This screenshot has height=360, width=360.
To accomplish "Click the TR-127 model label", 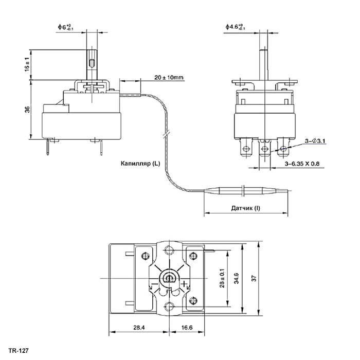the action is [x=19, y=351].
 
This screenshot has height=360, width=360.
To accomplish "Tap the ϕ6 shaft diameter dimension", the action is [x=66, y=27].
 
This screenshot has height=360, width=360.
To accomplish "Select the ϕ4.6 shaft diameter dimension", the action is [x=236, y=27].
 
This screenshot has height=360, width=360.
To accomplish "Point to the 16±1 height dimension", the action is [x=27, y=64].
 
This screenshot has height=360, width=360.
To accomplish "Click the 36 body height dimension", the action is [x=27, y=110].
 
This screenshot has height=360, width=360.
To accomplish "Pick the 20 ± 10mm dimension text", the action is [x=169, y=77].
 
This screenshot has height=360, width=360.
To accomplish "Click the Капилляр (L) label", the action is [x=140, y=164].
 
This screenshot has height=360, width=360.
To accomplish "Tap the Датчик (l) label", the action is [x=245, y=208].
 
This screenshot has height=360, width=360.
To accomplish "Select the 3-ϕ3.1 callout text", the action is [x=315, y=141].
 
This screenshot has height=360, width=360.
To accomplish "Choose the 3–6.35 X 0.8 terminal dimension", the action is [x=302, y=164].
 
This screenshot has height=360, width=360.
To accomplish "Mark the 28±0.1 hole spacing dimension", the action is [x=222, y=278].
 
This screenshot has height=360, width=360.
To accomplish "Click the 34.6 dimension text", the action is [x=236, y=278].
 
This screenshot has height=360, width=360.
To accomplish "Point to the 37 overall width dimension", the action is [x=254, y=279].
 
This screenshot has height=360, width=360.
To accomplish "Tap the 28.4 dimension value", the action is [x=139, y=328].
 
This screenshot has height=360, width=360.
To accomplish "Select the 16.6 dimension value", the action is [x=187, y=328].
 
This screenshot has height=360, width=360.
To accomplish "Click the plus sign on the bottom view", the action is [x=184, y=284].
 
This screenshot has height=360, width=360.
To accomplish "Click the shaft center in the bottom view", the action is [x=169, y=278].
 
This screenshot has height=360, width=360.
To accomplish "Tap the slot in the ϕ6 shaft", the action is [x=92, y=63].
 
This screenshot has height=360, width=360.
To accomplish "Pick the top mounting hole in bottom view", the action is [x=169, y=250].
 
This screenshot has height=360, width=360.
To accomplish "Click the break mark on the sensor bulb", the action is [x=244, y=191].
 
